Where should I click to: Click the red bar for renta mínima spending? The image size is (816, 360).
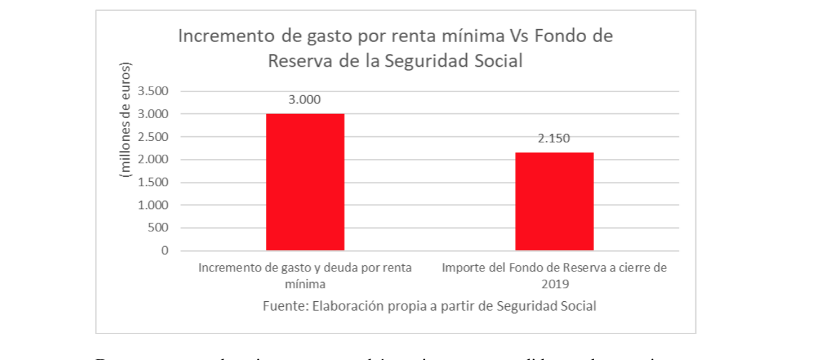tap(305, 182)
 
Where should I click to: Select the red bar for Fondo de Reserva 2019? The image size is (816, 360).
tap(554, 201)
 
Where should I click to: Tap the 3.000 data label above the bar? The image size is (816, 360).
tap(305, 100)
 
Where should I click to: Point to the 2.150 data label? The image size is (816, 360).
tap(554, 139)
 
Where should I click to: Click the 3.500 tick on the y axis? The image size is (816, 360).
tap(153, 92)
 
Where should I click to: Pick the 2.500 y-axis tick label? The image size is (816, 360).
tap(153, 137)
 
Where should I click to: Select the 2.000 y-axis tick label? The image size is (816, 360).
tap(153, 160)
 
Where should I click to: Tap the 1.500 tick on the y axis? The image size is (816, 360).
tap(153, 182)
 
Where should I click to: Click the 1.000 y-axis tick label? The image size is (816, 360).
tap(153, 205)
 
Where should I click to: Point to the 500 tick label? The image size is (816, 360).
tap(158, 228)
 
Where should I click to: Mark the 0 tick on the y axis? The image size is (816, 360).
tap(164, 251)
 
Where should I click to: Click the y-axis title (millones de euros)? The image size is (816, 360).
tap(127, 121)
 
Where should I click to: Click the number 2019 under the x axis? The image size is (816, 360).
tap(554, 285)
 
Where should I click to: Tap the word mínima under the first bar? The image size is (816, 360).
tap(305, 285)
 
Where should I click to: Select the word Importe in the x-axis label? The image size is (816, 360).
tap(463, 268)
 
